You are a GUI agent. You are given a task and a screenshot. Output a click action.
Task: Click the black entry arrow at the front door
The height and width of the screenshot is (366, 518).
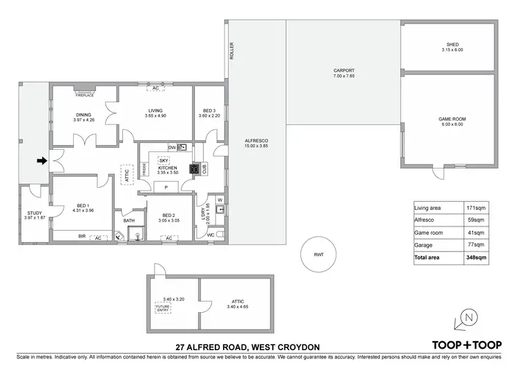pyautogui.click(x=41, y=161)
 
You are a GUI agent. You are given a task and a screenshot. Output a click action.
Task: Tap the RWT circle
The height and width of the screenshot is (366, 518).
pyautogui.click(x=318, y=255)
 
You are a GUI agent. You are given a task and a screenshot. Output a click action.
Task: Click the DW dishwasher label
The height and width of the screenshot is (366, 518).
pyautogui.click(x=172, y=147)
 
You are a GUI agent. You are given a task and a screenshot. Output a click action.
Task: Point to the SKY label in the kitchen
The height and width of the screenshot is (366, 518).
pyautogui.click(x=164, y=160)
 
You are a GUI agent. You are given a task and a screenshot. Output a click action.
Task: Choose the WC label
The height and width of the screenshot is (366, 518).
pyautogui.click(x=211, y=235)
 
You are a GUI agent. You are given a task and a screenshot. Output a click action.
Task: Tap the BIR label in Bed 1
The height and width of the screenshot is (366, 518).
pyautogui.click(x=81, y=236)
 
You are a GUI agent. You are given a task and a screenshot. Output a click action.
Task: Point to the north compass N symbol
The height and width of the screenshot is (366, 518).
pyautogui.click(x=468, y=318)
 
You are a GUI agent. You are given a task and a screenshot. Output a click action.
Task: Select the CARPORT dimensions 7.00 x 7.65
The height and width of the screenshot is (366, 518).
pyautogui.click(x=343, y=75)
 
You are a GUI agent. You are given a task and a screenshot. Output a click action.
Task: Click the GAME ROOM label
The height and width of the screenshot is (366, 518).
pyautogui.click(x=452, y=119)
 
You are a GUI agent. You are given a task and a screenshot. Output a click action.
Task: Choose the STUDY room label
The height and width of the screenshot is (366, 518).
pyautogui.click(x=34, y=213)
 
